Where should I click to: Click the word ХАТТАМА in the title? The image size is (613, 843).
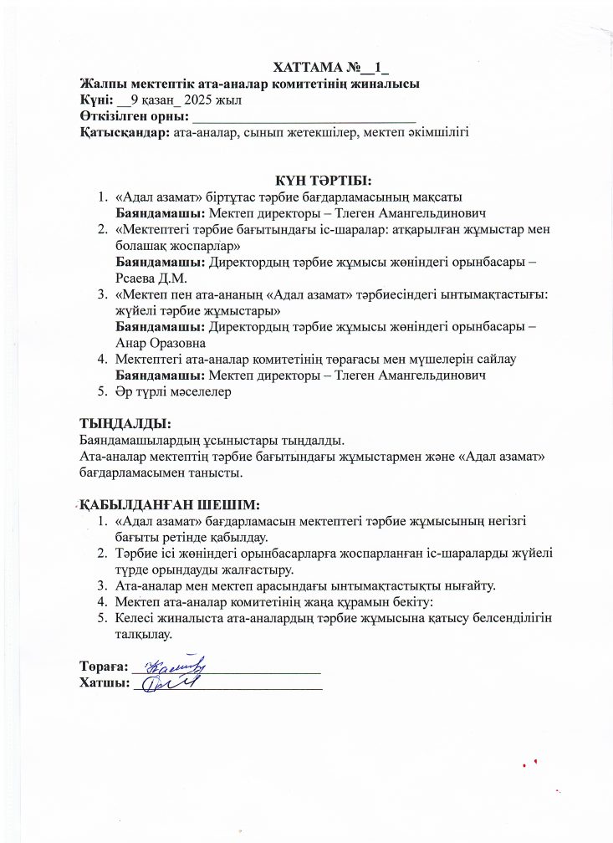[x=309, y=68]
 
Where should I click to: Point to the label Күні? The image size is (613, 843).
[x=96, y=100]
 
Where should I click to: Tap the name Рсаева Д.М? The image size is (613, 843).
[x=151, y=278]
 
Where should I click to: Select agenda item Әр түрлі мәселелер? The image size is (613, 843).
[x=173, y=391]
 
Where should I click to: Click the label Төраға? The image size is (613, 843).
[x=103, y=667]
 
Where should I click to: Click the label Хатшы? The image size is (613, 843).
[x=104, y=683]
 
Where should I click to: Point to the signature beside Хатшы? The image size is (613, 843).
[x=169, y=683]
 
